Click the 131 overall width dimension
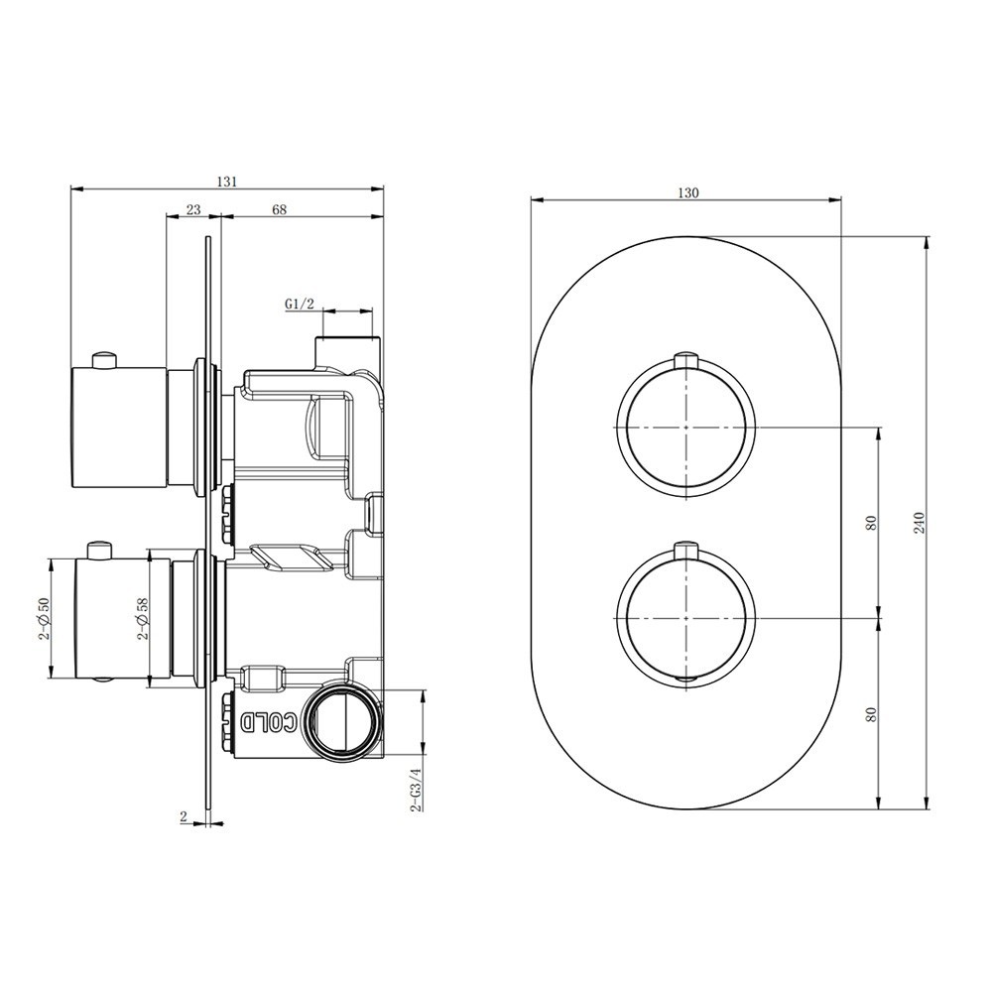226,182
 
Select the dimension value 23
193,209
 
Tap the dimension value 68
279,209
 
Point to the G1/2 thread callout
299,304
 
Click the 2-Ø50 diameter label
43,619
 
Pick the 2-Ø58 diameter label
143,619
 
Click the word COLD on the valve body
269,722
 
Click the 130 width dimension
687,193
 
